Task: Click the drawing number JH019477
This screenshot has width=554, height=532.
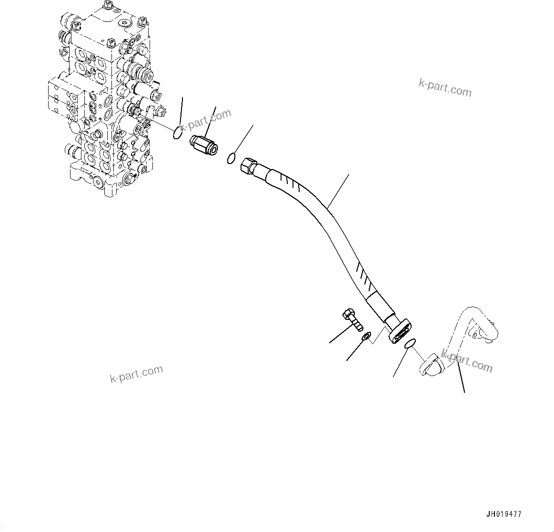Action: (x=504, y=514)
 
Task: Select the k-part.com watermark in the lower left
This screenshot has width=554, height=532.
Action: (x=136, y=373)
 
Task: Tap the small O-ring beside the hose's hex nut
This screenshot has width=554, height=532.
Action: (x=231, y=158)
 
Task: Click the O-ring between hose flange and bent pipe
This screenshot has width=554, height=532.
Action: (x=410, y=344)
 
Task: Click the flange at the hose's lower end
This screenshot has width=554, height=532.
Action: (x=401, y=330)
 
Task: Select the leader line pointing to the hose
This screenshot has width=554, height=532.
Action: (x=338, y=191)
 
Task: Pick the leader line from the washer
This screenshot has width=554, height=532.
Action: (x=355, y=351)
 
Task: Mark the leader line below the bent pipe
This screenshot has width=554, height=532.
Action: (x=460, y=377)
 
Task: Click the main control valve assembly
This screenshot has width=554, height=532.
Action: (x=107, y=100)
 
